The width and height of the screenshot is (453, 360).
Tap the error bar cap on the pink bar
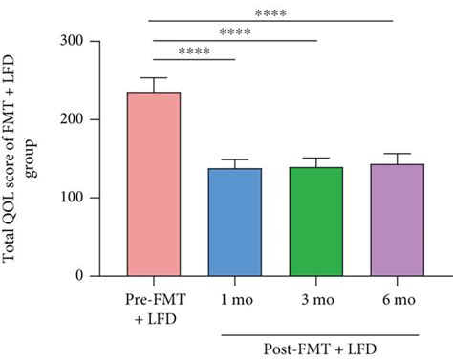pyautogui.click(x=154, y=78)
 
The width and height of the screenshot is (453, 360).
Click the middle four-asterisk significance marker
pyautogui.click(x=234, y=32)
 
